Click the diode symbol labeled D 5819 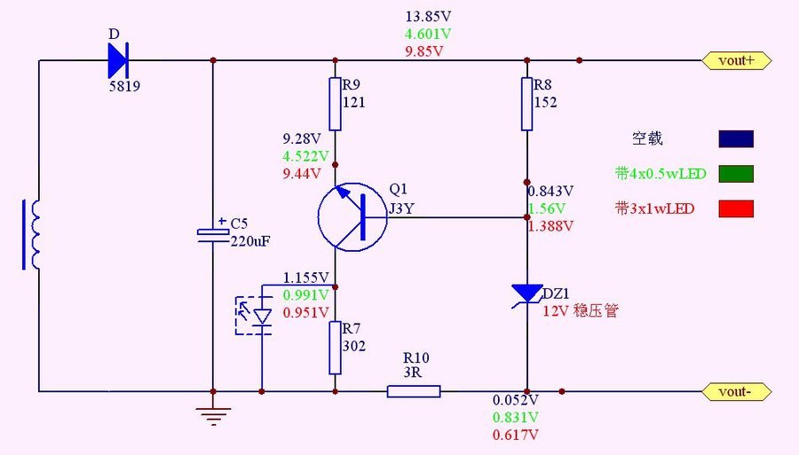[119, 60]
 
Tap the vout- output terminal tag [736, 391]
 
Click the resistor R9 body [336, 103]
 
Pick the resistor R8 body [526, 103]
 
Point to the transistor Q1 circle [352, 216]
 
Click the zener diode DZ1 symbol [526, 294]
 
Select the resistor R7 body [336, 347]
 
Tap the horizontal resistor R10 [414, 391]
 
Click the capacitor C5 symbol [213, 233]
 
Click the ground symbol [213, 413]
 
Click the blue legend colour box [736, 138]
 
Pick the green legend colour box [736, 174]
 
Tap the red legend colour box [736, 209]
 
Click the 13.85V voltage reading [428, 17]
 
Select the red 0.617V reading [517, 435]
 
